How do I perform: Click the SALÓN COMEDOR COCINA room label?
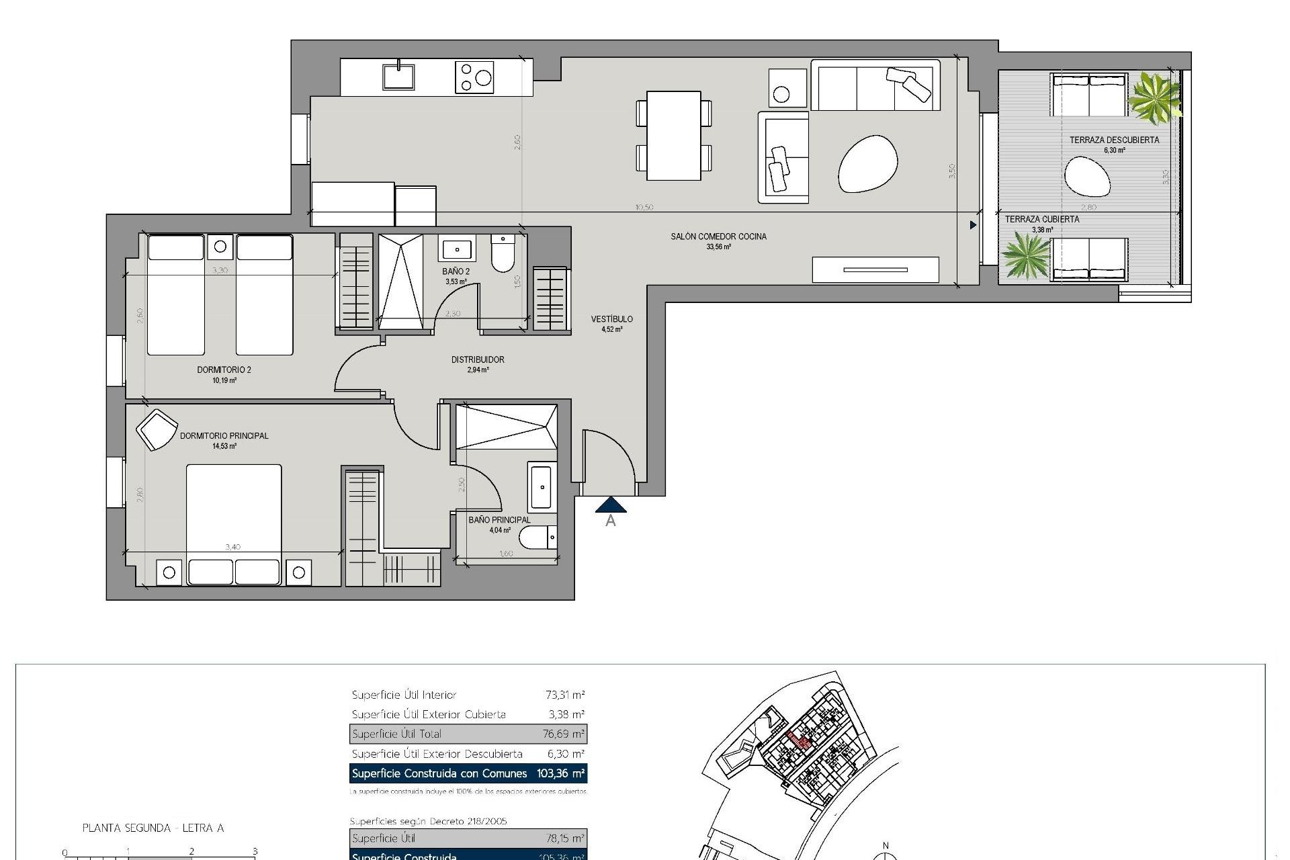pyautogui.click(x=718, y=236)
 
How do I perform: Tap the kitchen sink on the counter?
pyautogui.click(x=398, y=76)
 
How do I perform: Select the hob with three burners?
pyautogui.click(x=474, y=77)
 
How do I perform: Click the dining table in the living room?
pyautogui.click(x=674, y=136)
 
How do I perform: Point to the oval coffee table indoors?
pyautogui.click(x=867, y=163)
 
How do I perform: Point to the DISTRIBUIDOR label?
pyautogui.click(x=478, y=359)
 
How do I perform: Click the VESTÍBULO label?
pyautogui.click(x=611, y=319)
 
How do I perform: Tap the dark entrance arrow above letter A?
pyautogui.click(x=611, y=505)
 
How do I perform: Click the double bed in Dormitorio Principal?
pyautogui.click(x=234, y=514)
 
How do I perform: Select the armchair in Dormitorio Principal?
pyautogui.click(x=157, y=429)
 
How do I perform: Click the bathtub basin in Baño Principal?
pyautogui.click(x=541, y=486)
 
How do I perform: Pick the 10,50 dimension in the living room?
pyautogui.click(x=644, y=208)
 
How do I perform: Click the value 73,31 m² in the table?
pyautogui.click(x=564, y=695)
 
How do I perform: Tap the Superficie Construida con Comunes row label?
pyautogui.click(x=439, y=773)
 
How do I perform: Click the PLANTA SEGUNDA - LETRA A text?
pyautogui.click(x=153, y=828)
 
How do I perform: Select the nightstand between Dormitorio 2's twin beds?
pyautogui.click(x=220, y=247)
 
